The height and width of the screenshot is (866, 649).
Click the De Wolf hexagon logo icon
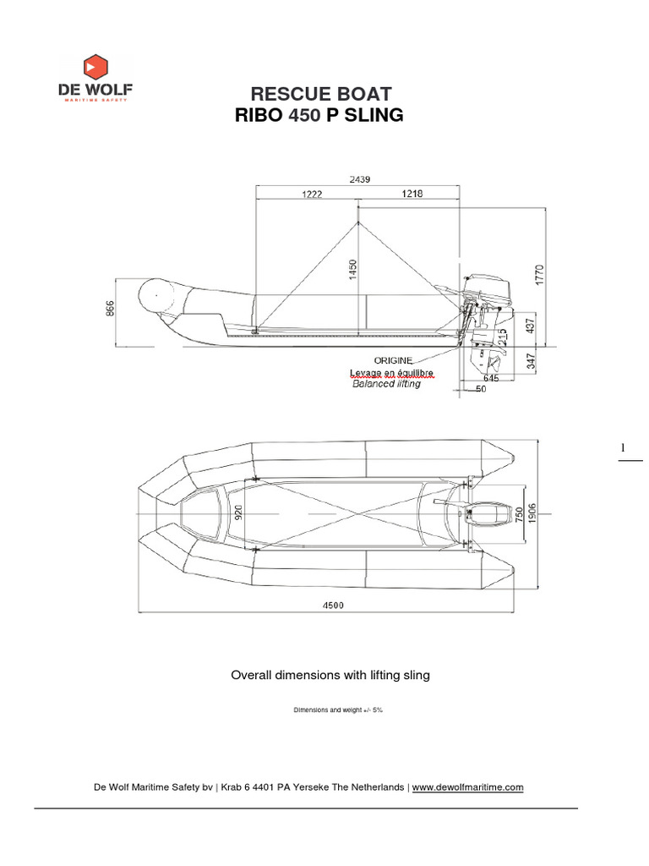pos(94,67)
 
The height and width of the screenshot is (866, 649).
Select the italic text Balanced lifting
pos(386,383)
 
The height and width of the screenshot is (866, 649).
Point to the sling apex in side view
pos(357,222)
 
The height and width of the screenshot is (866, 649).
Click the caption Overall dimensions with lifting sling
pos(330,675)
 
